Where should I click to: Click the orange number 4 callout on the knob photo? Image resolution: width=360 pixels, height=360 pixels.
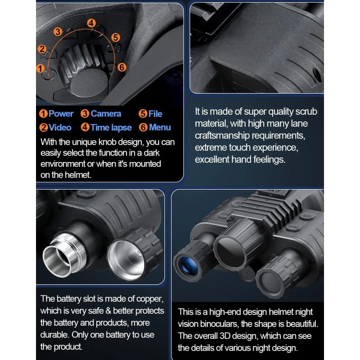pos(91,23)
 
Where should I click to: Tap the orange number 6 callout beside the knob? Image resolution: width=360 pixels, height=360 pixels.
pos(121,67)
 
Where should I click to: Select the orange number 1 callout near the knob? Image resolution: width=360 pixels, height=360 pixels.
pos(40,68)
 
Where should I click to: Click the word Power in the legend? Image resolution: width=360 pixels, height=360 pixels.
pos(61,114)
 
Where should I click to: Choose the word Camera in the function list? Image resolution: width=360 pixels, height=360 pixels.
pos(106,114)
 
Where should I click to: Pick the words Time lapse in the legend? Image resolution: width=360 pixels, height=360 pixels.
pos(111,127)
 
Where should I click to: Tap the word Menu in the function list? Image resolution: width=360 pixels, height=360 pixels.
pos(160,127)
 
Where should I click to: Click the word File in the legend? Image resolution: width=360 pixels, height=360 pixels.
pos(155,114)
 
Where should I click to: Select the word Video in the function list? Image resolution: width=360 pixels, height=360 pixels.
pos(60,127)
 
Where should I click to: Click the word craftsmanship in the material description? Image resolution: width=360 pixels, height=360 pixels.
pos(222,136)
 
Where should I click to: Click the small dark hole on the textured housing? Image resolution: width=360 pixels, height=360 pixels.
pos(317,75)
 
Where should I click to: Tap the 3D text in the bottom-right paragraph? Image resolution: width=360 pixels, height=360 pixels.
pos(226,336)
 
